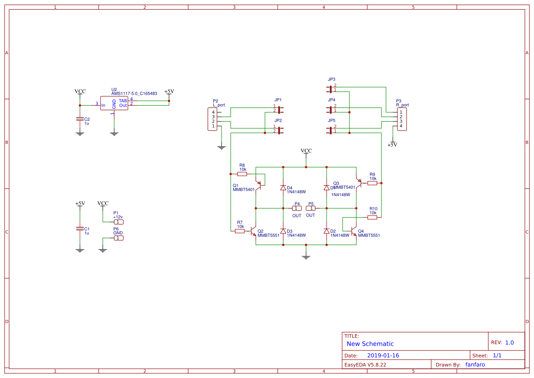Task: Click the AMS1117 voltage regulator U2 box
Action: (x=114, y=103)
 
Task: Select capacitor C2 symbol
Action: (x=80, y=119)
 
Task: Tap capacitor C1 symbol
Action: (x=80, y=229)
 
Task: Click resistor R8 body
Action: (x=242, y=174)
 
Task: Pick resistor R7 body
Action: (x=240, y=231)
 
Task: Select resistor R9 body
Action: (x=372, y=183)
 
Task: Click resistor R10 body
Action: (x=372, y=217)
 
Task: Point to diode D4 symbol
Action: (x=283, y=188)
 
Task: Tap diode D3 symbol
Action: (x=283, y=231)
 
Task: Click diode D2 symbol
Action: (x=327, y=231)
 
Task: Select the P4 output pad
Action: (x=297, y=208)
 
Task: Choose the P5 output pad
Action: (x=311, y=208)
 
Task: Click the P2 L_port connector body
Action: (x=212, y=119)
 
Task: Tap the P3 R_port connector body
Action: (x=402, y=119)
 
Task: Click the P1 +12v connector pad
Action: (x=118, y=222)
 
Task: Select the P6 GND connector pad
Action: (x=118, y=238)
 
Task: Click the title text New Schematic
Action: (x=370, y=344)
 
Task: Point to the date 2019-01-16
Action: (x=383, y=356)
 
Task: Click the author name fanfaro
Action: (x=475, y=365)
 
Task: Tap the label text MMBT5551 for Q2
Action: (x=269, y=236)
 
